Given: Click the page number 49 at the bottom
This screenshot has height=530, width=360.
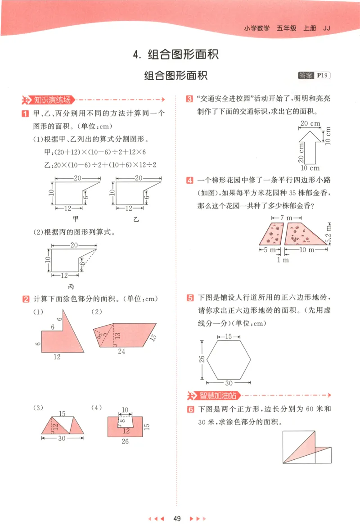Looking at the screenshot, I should coord(177,519).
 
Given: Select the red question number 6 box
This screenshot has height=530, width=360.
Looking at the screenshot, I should coord(190,410).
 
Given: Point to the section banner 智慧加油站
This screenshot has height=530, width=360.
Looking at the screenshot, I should coord(215,396).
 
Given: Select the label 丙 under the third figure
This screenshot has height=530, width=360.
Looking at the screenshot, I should coord(71,286).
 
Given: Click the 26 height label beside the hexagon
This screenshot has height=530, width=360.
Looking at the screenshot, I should coord(202,359).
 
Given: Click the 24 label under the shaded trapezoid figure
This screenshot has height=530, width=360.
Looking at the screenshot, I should coord(121,351).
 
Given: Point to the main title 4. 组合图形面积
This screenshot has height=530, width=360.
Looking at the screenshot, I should coord(176,55).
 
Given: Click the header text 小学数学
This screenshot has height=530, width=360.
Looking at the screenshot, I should coord(257,28).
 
